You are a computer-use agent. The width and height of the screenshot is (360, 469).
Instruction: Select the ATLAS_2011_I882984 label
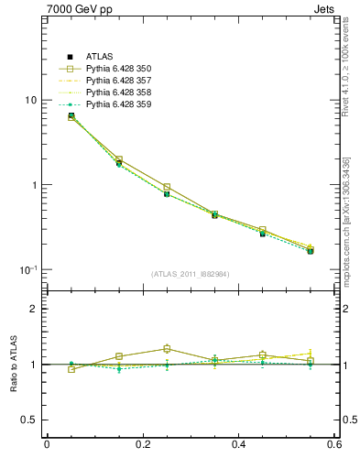pos(191,274)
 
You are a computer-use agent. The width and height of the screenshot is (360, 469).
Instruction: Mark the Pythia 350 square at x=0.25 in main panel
pos(167,187)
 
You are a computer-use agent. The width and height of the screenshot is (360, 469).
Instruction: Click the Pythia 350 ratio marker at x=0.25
pos(167,348)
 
